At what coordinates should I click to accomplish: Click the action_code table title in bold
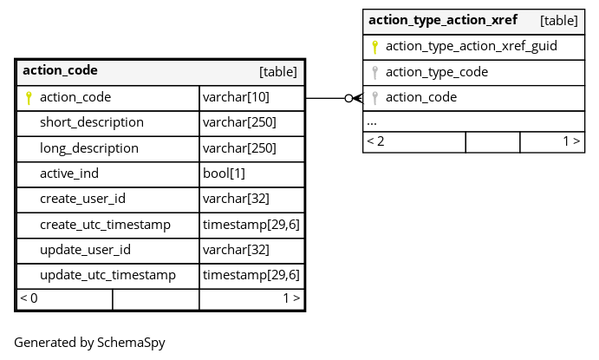pyautogui.click(x=60, y=71)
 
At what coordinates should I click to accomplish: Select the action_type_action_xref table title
pyautogui.click(x=443, y=20)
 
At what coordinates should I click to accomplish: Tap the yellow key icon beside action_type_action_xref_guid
pyautogui.click(x=374, y=47)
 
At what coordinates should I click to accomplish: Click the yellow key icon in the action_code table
pyautogui.click(x=29, y=98)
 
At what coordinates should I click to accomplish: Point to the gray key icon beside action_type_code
pyautogui.click(x=374, y=72)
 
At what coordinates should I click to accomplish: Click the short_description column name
pyautogui.click(x=92, y=122)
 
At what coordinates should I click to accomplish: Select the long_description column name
pyautogui.click(x=89, y=148)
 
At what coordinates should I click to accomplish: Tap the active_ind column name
pyautogui.click(x=69, y=173)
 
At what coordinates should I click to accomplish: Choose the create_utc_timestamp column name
pyautogui.click(x=105, y=225)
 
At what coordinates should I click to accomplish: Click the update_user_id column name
pyautogui.click(x=85, y=250)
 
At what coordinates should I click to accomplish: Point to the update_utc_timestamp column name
pyautogui.click(x=107, y=275)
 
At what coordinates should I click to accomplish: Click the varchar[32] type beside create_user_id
pyautogui.click(x=236, y=200)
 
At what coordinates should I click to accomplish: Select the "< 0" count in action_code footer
pyautogui.click(x=29, y=298)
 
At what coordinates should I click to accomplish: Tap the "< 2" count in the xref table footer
pyautogui.click(x=375, y=141)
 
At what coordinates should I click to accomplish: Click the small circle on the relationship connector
pyautogui.click(x=348, y=99)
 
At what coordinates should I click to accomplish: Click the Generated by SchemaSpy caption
pyautogui.click(x=89, y=343)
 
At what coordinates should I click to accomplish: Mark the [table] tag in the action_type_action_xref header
pyautogui.click(x=559, y=21)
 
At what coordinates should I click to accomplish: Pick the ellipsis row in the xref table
pyautogui.click(x=372, y=123)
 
